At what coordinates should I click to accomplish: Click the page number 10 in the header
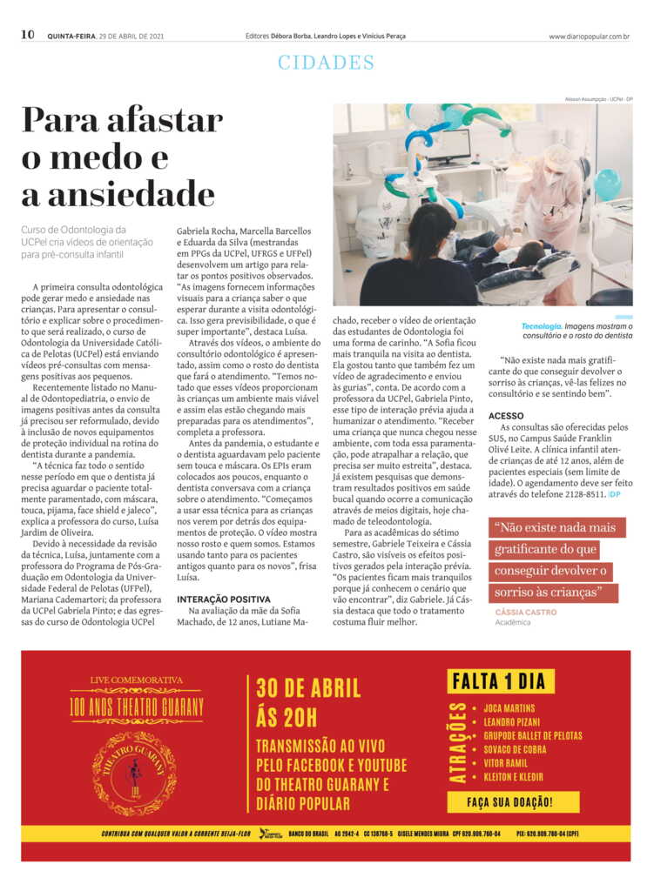click(x=28, y=35)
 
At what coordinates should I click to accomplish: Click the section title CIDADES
click(x=326, y=63)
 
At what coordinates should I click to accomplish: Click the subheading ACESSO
click(x=507, y=416)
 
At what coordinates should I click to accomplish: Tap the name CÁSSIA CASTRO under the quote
click(x=526, y=613)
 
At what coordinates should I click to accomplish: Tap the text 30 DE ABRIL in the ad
click(x=308, y=687)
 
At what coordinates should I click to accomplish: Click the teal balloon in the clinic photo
click(x=608, y=185)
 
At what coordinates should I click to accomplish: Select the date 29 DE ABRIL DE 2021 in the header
click(x=125, y=37)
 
